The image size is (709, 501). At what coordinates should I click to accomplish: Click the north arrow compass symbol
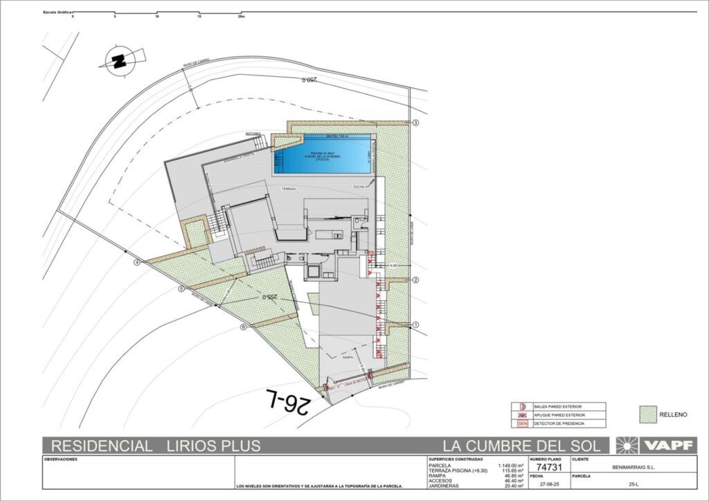pos(120,61)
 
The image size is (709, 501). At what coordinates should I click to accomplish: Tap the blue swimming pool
pos(323,154)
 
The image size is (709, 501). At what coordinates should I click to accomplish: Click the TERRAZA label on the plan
pos(289,188)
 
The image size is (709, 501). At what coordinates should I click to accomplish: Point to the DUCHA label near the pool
pos(359,186)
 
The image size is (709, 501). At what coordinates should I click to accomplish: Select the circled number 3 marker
pos(416,123)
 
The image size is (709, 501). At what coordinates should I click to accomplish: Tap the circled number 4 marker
pos(137,262)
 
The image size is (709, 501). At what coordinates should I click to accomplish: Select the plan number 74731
pos(549,467)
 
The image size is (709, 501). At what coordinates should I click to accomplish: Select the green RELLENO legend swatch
pos(647,414)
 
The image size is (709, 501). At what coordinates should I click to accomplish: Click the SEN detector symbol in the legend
pos(523,423)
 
